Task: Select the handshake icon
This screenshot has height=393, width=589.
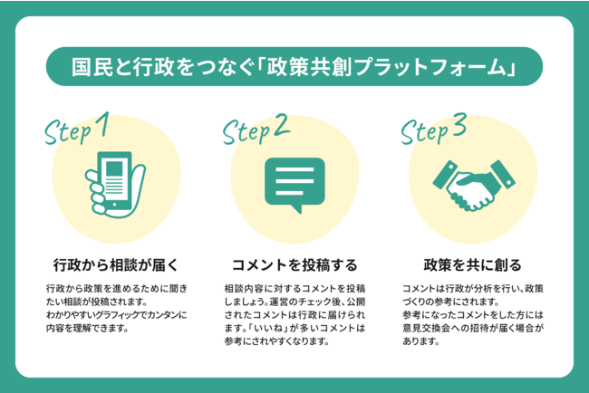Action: [x=471, y=180]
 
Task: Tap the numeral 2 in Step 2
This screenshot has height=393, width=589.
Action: [x=284, y=126]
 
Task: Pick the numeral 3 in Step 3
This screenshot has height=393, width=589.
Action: [x=459, y=126]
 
